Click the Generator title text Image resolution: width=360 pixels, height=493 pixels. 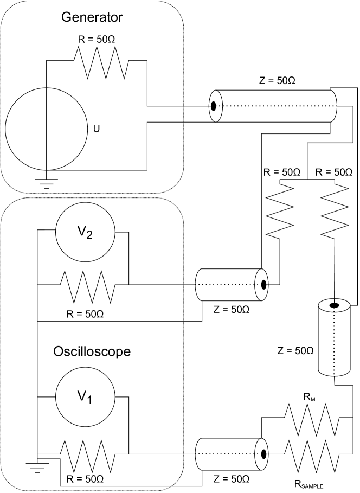(92, 17)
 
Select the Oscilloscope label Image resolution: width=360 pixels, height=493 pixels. (92, 351)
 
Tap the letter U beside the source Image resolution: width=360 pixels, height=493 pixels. (97, 130)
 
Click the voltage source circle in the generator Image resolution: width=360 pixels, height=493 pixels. (47, 130)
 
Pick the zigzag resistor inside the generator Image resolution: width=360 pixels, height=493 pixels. (101, 62)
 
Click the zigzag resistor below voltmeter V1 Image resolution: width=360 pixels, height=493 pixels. (87, 454)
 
